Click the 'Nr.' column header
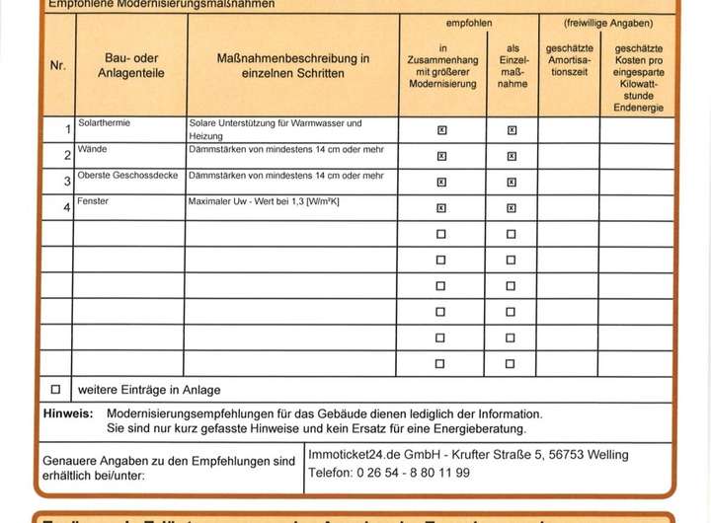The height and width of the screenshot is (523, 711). point(57,66)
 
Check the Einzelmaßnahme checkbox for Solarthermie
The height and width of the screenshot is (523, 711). point(511,130)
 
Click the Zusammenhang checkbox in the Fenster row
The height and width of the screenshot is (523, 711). point(441,208)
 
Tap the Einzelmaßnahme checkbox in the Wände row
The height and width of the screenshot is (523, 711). point(511,156)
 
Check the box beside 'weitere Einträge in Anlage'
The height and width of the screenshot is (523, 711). point(55,389)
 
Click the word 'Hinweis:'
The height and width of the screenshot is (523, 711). point(68,414)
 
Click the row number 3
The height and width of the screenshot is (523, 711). point(66,182)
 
